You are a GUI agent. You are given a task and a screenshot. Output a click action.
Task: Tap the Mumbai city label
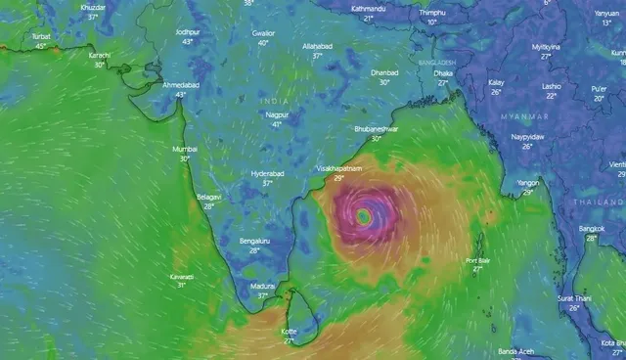coord(185,150)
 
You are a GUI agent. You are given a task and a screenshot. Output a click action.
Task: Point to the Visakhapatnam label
coord(339,168)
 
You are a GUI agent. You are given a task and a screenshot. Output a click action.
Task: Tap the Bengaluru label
coord(254,241)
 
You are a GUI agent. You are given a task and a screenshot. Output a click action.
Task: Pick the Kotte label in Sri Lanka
coord(289,332)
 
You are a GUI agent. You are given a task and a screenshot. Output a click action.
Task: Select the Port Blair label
coord(478,261)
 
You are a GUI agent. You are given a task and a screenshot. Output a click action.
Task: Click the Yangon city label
coord(528,183)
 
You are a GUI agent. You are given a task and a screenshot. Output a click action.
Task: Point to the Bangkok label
coord(592,229)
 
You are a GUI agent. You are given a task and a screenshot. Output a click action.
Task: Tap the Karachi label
coord(100,56)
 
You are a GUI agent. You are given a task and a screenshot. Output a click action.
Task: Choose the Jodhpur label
coord(188,32)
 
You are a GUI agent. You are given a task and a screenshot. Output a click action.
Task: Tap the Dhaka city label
coord(443,73)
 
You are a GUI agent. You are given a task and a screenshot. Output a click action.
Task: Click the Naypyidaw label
coord(526,137)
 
